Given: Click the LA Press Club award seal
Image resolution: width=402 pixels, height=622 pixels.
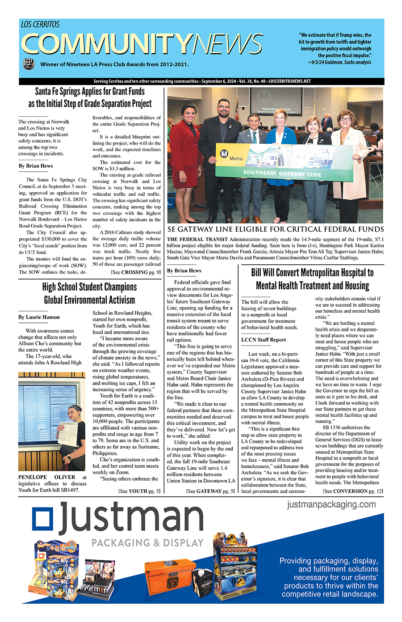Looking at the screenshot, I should tap(29, 64).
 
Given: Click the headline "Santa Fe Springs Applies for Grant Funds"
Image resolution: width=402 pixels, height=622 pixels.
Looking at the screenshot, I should tap(90, 92).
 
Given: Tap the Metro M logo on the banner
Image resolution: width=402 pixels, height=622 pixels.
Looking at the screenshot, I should tap(225, 154).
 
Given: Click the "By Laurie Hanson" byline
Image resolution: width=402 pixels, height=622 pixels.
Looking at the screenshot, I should tap(39, 317).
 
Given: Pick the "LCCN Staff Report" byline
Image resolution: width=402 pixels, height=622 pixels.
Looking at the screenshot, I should tap(264, 340).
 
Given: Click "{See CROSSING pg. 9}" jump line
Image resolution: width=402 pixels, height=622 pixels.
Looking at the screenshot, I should tap(135, 272).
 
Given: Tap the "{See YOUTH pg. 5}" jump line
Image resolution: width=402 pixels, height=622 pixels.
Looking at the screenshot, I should tap(139, 491).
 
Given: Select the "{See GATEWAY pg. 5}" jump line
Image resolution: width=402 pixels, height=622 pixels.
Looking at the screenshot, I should tap(210, 491).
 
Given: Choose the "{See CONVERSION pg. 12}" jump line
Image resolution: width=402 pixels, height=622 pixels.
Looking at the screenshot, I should tap(352, 491).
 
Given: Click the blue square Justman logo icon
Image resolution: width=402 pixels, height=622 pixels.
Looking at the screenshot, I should tap(43, 519).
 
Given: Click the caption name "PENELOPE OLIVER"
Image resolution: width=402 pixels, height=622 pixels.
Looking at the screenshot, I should tap(46, 477).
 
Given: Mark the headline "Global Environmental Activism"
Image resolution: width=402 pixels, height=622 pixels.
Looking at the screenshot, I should tap(89, 300).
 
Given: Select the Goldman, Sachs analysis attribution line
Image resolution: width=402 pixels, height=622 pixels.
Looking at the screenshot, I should tap(339, 63).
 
